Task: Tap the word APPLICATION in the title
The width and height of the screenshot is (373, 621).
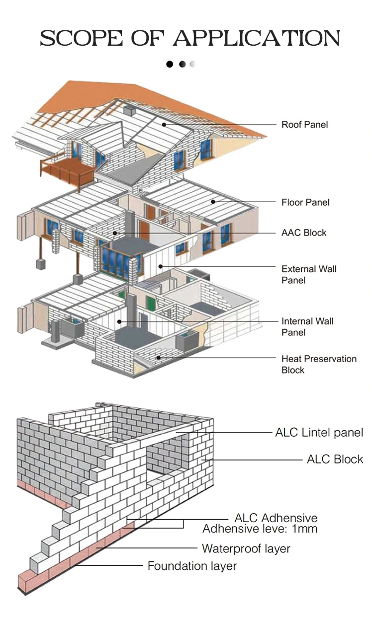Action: [x=256, y=38]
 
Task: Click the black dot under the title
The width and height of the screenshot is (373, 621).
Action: [x=170, y=64]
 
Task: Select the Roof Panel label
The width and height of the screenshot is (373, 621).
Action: [x=305, y=125]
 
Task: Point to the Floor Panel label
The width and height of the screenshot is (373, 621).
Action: [x=305, y=202]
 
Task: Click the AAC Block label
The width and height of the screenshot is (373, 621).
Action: [x=304, y=233]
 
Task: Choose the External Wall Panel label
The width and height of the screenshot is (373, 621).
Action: [x=309, y=274]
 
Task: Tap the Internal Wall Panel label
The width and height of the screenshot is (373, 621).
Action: [x=307, y=326]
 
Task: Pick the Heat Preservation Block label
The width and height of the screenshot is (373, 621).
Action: [x=319, y=364]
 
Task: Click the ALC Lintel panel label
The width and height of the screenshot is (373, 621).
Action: [x=319, y=433]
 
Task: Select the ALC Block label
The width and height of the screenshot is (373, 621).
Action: [x=335, y=460]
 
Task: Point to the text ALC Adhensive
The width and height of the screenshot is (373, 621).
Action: [x=276, y=519]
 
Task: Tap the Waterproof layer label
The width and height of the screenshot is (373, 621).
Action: [x=246, y=548]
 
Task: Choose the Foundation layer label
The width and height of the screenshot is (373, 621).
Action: [x=192, y=565]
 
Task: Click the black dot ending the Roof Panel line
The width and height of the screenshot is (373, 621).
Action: [x=163, y=125]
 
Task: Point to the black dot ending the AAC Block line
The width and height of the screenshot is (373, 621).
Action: [x=115, y=233]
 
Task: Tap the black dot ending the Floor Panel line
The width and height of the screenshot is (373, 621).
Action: [x=213, y=202]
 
